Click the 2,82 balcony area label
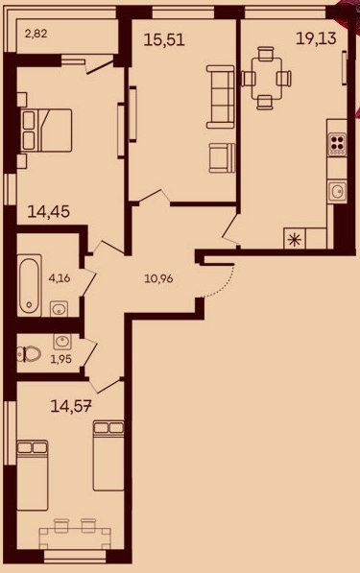pyautogui.click(x=36, y=35)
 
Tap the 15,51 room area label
pyautogui.click(x=164, y=39)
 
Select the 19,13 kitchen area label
pyautogui.click(x=316, y=38)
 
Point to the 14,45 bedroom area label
pyautogui.click(x=49, y=211)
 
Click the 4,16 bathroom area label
pyautogui.click(x=60, y=278)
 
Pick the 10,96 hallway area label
pyautogui.click(x=158, y=279)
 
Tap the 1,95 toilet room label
pyautogui.click(x=61, y=359)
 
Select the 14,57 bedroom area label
pyautogui.click(x=70, y=406)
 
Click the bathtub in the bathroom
pyautogui.click(x=30, y=284)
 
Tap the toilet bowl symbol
pyautogui.click(x=29, y=354)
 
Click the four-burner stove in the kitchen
pyautogui.click(x=337, y=143)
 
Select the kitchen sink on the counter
pyautogui.click(x=337, y=191)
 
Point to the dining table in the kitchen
pyautogui.click(x=267, y=78)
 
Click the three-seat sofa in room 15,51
pyautogui.click(x=221, y=97)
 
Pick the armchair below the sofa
pyautogui.click(x=222, y=157)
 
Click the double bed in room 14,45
pyautogui.click(x=46, y=130)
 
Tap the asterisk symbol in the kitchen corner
pyautogui.click(x=294, y=239)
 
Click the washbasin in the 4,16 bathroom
pyautogui.click(x=59, y=309)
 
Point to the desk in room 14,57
pyautogui.click(x=75, y=538)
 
